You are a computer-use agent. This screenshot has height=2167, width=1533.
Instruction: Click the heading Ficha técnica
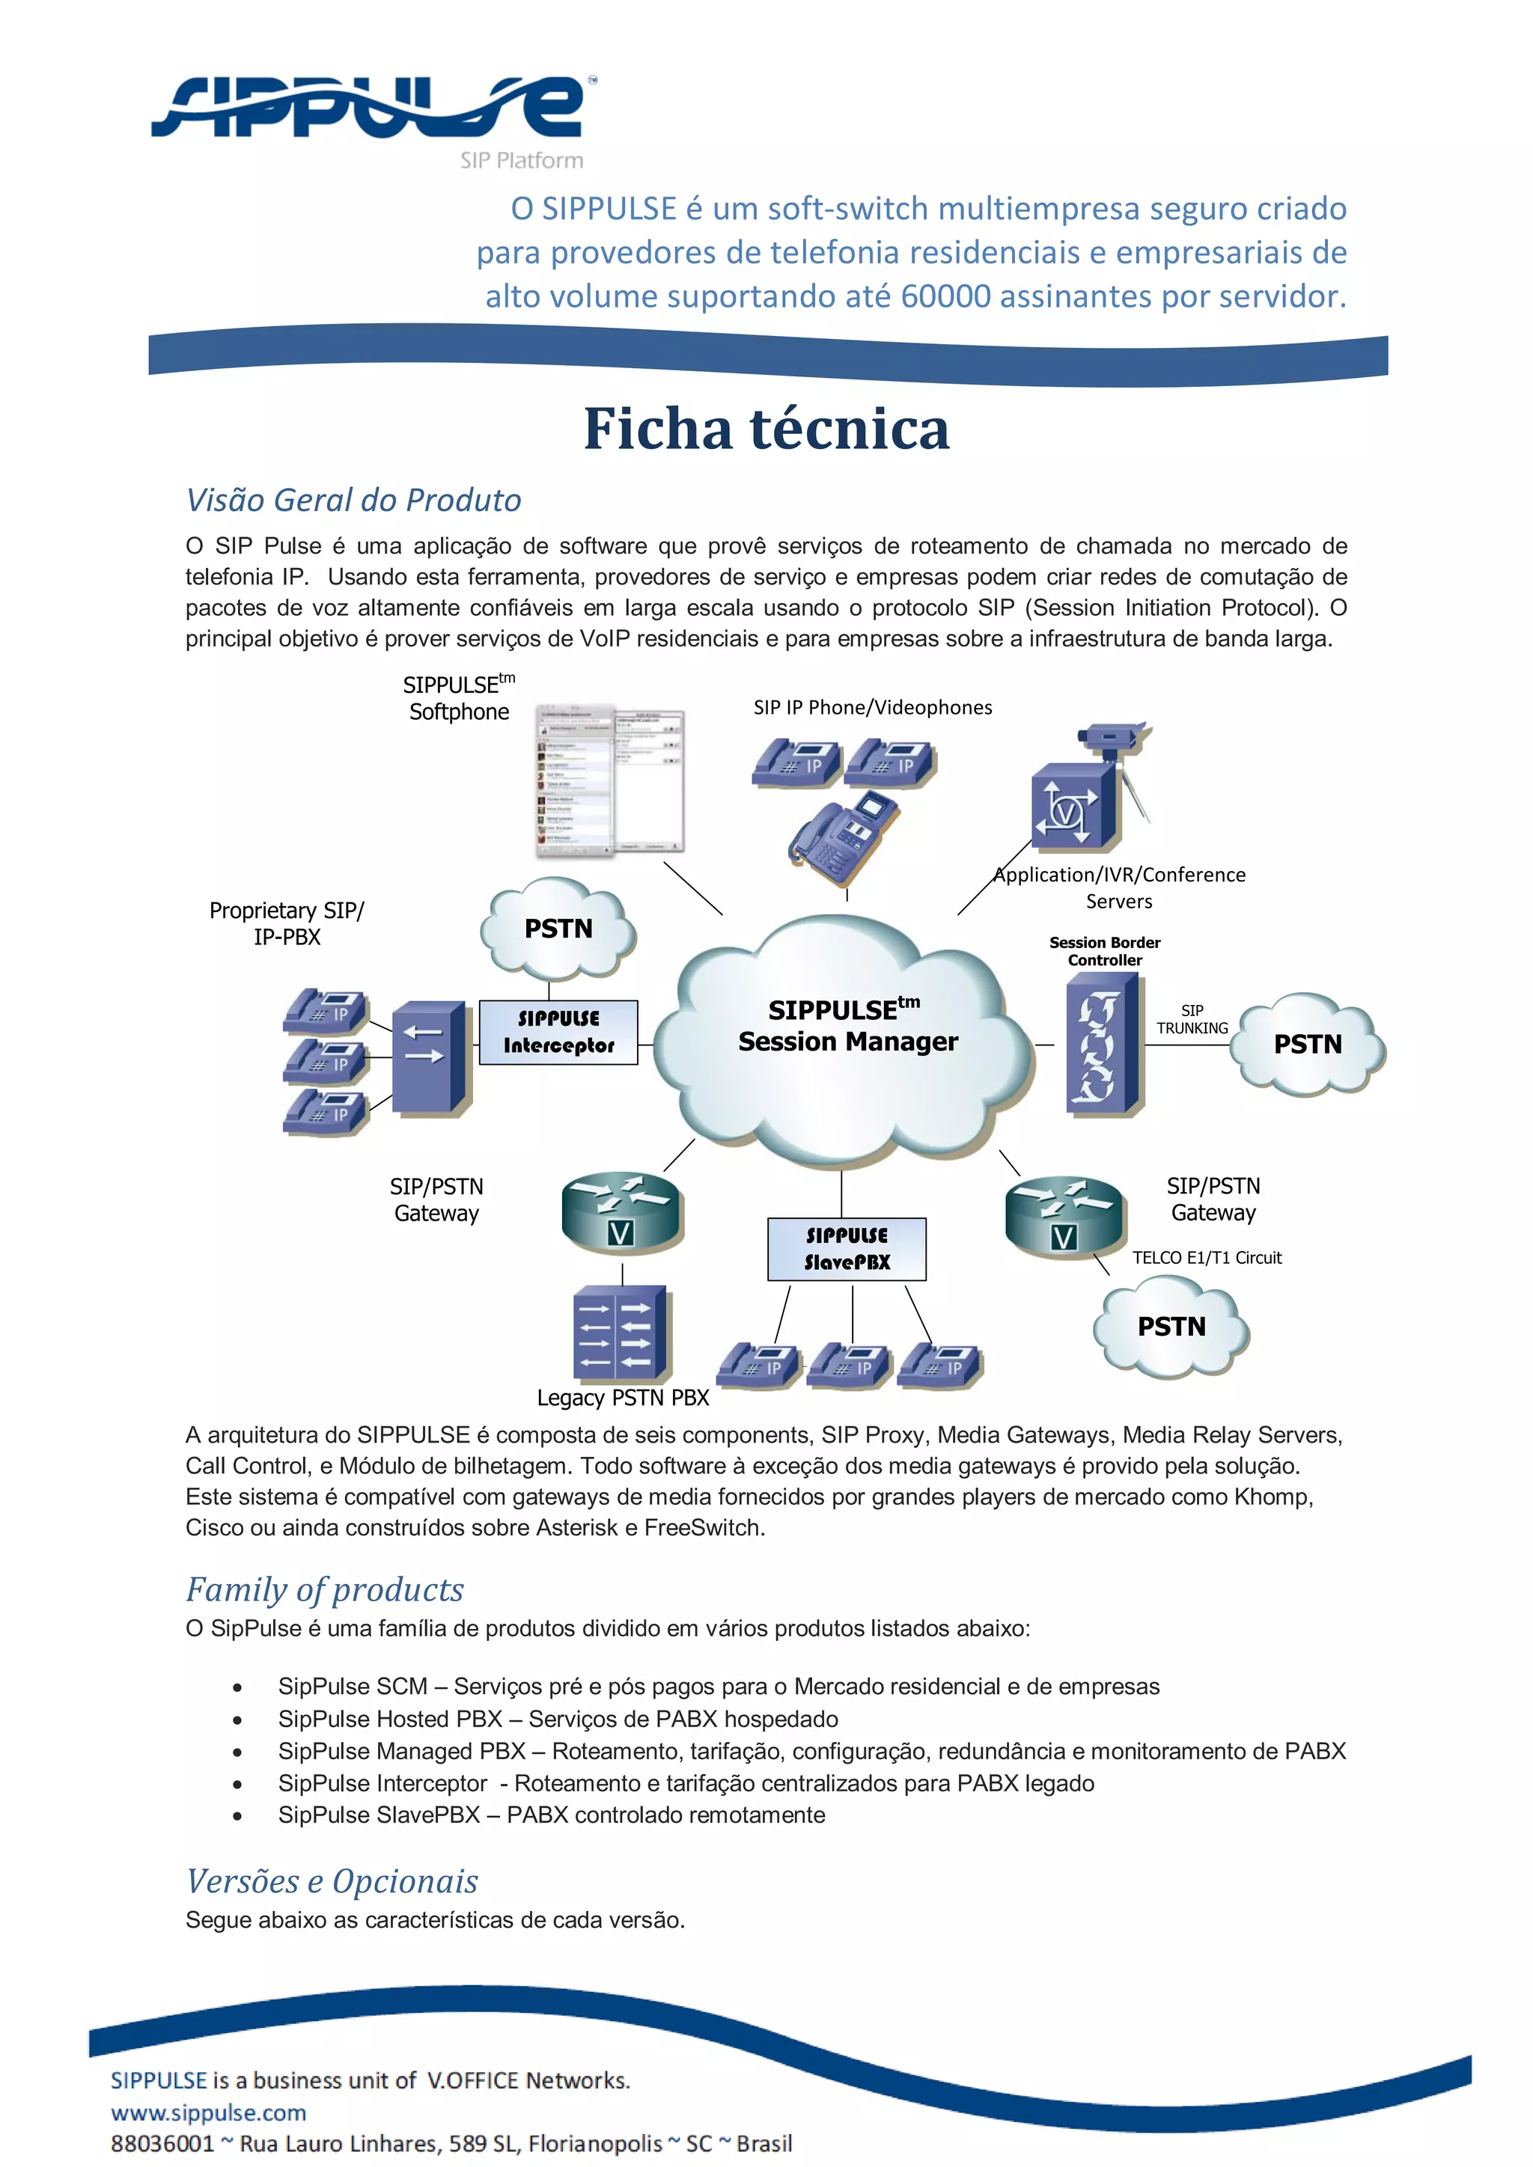766,430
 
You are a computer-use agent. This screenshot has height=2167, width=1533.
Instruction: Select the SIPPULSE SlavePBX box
846,1249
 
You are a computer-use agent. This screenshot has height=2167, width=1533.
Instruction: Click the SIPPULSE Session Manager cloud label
847,1027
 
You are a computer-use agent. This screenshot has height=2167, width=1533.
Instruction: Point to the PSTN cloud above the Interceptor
558,929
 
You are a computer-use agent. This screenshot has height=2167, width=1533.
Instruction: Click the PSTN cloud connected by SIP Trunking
1308,1044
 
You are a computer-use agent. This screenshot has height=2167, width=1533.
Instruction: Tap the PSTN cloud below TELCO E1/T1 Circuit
1171,1326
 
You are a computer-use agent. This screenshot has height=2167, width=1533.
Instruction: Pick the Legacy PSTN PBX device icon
621,1333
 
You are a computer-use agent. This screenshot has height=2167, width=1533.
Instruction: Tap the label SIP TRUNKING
1192,1019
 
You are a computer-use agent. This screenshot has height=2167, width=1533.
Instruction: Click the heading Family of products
325,1589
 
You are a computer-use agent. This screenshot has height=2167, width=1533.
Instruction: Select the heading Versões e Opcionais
332,1881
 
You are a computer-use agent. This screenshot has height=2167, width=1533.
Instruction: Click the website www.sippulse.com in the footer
209,2112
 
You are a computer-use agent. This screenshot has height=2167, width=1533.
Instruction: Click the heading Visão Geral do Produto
353,501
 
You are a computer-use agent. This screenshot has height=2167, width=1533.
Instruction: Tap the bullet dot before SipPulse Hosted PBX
238,1720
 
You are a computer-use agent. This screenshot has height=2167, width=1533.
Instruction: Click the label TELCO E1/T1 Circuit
1207,1257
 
